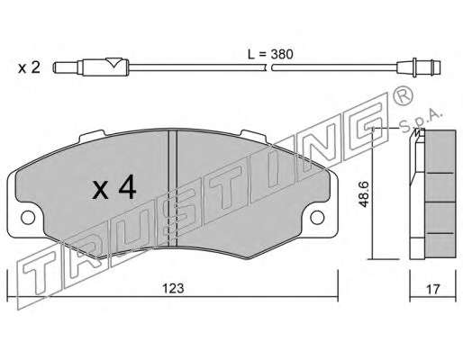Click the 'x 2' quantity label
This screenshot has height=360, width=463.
29,67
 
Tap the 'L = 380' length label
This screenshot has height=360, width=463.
270,54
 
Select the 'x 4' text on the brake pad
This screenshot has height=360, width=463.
114,188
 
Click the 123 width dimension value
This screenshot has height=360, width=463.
173,288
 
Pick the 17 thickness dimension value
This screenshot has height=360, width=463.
432,289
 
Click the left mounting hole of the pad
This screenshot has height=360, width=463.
28,218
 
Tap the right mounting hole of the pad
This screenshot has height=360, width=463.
317,218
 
